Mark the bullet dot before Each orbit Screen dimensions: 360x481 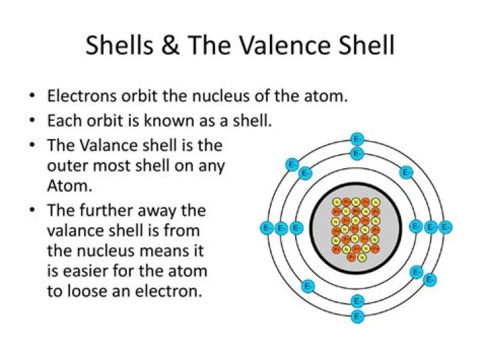[32, 121]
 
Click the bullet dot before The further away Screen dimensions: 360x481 [32, 211]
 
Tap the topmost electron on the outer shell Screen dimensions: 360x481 [357, 140]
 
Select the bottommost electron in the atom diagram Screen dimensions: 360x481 [357, 316]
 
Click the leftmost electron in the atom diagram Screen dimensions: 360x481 [266, 228]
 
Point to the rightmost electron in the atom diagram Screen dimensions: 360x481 [446, 228]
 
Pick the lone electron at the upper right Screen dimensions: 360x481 [406, 172]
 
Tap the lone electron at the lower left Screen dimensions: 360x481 [308, 286]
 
